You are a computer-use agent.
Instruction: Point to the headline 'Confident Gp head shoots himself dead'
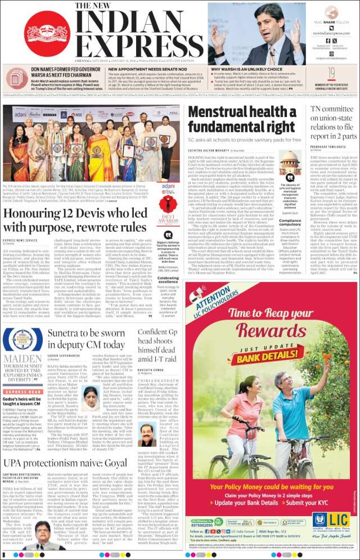tap(158, 344)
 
